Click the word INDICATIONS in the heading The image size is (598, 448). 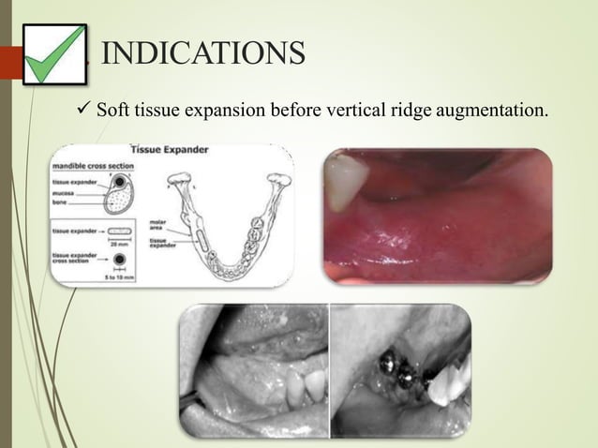[x=202, y=52]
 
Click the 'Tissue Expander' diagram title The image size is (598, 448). [x=169, y=150]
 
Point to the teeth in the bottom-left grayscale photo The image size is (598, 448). [x=306, y=384]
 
